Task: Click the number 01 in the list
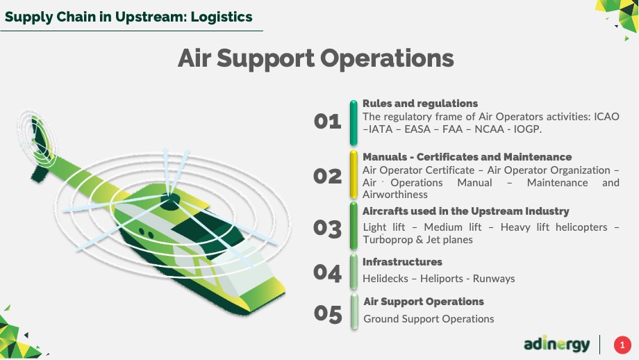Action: pyautogui.click(x=327, y=122)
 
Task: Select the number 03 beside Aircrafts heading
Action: pyautogui.click(x=327, y=229)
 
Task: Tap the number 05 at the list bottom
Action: pyautogui.click(x=328, y=314)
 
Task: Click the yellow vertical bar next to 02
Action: pyautogui.click(x=354, y=174)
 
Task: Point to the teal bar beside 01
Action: pyautogui.click(x=354, y=123)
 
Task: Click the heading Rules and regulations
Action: pyautogui.click(x=420, y=104)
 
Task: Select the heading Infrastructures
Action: pyautogui.click(x=402, y=262)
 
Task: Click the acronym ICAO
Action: pyautogui.click(x=606, y=117)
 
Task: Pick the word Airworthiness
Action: pyautogui.click(x=395, y=195)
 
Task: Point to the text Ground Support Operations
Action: pyautogui.click(x=429, y=319)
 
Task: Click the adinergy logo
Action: pyautogui.click(x=556, y=345)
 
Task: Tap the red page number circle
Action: pyautogui.click(x=622, y=345)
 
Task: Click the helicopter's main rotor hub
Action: pyautogui.click(x=170, y=199)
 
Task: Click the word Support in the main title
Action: pyautogui.click(x=266, y=58)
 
